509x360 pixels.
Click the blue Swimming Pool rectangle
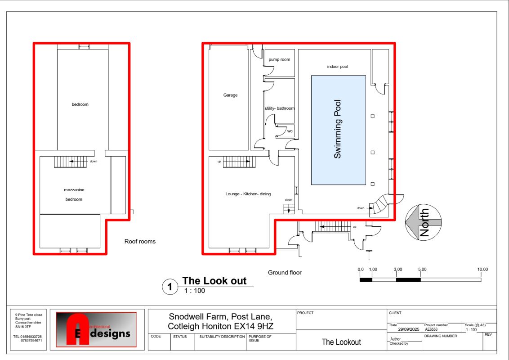coord(339,130)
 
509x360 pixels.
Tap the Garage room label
coord(230,95)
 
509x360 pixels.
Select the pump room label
coord(279,60)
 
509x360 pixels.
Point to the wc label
coord(290,131)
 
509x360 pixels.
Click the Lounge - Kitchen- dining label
coord(248,194)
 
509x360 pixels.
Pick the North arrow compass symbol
coord(423,222)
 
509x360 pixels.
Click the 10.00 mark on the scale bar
coord(482,270)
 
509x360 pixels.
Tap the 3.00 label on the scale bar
coord(398,270)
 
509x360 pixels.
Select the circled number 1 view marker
coord(170,287)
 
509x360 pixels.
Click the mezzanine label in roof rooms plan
coord(74,190)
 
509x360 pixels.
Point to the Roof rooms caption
coord(140,241)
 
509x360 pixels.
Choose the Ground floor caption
coord(285,273)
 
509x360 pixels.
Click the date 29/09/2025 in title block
coord(409,329)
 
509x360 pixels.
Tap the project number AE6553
coord(431,329)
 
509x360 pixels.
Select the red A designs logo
coord(96,329)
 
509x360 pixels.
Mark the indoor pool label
coord(337,67)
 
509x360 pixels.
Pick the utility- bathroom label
coord(280,108)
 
